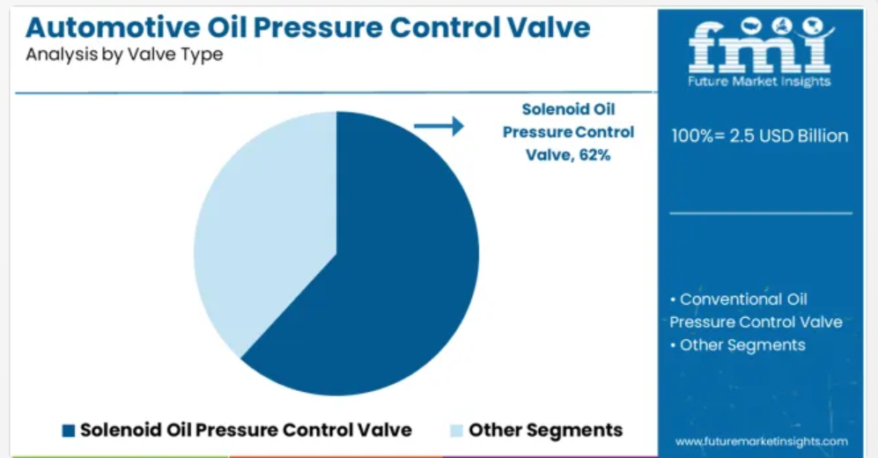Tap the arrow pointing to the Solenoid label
click(439, 126)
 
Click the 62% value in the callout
click(594, 155)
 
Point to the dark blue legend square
click(69, 431)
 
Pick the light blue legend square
click(457, 431)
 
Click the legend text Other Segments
click(545, 430)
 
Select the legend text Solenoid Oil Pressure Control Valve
click(246, 430)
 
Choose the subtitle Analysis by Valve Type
click(124, 55)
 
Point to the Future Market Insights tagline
click(759, 82)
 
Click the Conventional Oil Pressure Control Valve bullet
click(756, 311)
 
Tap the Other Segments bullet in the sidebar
click(737, 345)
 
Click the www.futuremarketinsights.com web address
click(762, 442)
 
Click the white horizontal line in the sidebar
click(761, 213)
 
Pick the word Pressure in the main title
click(317, 27)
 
